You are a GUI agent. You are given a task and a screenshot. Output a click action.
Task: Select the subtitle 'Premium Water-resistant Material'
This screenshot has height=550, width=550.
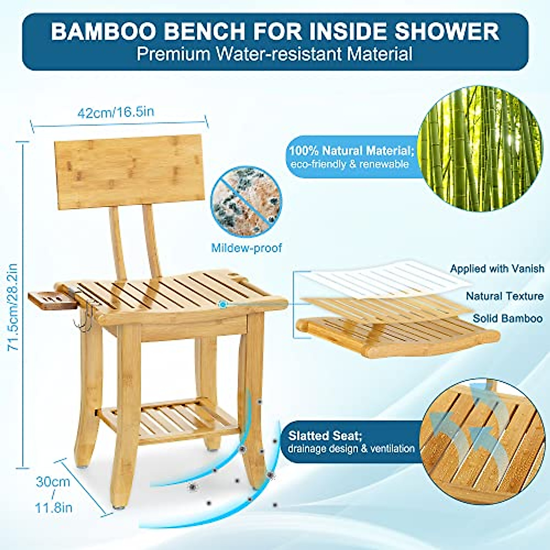click(275, 54)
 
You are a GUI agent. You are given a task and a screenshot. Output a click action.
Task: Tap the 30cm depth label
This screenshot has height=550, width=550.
click(53, 482)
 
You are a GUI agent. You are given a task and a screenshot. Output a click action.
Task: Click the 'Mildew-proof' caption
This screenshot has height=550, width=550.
click(246, 248)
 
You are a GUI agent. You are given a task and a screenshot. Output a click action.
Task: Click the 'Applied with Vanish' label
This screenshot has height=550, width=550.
click(497, 269)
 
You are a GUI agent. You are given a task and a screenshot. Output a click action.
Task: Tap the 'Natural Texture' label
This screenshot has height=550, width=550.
click(504, 296)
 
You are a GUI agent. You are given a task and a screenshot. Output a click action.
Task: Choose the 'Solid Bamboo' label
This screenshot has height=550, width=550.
click(507, 319)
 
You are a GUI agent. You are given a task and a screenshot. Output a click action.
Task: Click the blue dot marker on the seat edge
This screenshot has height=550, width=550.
click(223, 304)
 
